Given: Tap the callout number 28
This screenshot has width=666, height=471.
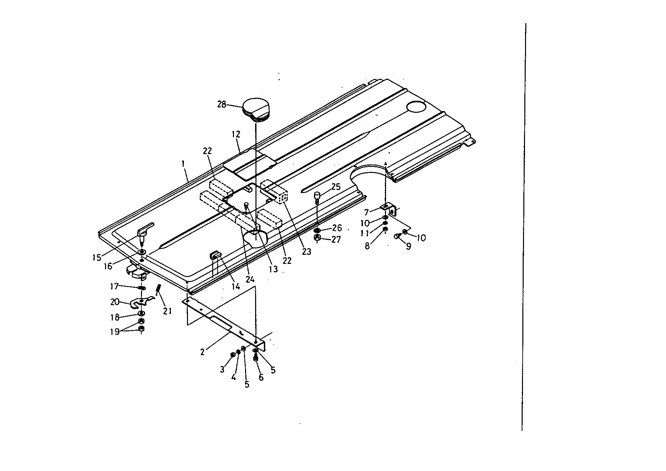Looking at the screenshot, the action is (x=222, y=104).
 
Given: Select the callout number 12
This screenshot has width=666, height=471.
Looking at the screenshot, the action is (x=236, y=134).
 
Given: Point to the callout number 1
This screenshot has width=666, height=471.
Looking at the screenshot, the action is (x=183, y=164).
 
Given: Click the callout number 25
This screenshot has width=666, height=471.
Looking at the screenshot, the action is (x=336, y=187).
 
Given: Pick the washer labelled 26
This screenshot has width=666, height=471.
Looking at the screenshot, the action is (x=317, y=231).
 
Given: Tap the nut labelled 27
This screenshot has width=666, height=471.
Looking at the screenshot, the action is (x=317, y=238).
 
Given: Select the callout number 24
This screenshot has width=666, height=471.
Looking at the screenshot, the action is (x=250, y=279).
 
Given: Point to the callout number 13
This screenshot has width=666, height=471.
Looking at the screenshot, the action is (x=273, y=269).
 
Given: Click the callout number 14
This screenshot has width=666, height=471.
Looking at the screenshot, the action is (x=236, y=286).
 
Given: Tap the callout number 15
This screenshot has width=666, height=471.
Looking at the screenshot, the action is (x=97, y=257).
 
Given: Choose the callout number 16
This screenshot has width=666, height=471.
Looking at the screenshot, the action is (x=108, y=266).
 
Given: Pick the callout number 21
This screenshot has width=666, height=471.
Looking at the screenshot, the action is (x=168, y=311).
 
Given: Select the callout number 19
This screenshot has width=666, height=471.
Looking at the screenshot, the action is (x=115, y=332).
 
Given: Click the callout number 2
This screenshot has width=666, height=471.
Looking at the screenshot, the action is (x=202, y=352).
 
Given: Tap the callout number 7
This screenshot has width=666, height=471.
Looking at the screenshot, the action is (x=367, y=212).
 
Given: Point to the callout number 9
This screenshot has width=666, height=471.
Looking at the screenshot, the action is (x=409, y=246).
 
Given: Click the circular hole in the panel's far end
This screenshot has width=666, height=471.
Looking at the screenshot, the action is (x=416, y=106).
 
